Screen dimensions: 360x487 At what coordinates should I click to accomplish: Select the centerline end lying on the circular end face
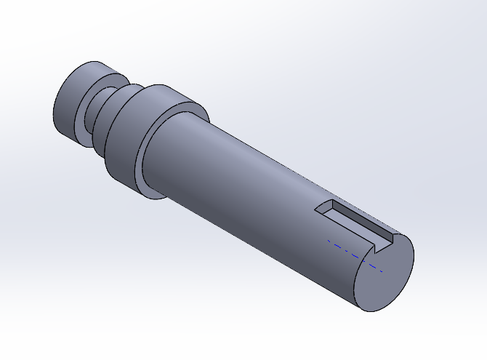(x=381, y=271)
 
